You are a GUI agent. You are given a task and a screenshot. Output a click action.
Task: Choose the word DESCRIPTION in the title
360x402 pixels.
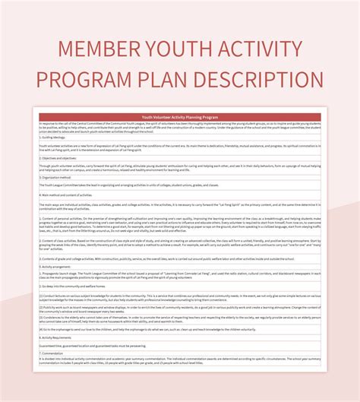point(267,80)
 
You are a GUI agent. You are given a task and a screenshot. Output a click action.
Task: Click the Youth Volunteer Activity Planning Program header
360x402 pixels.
point(179,117)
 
